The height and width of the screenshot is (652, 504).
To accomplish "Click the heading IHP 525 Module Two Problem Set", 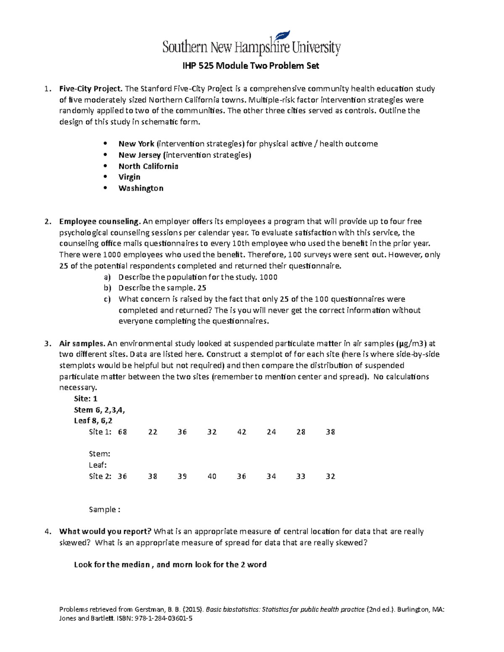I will click(x=250, y=66).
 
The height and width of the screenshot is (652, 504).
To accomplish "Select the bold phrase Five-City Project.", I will click(x=91, y=89).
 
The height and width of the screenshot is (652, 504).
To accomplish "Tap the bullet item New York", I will click(x=136, y=144).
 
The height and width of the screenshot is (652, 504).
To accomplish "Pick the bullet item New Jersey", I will click(x=139, y=155).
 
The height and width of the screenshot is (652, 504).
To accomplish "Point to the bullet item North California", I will click(x=148, y=166).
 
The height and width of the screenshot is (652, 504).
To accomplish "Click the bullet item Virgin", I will click(x=129, y=177).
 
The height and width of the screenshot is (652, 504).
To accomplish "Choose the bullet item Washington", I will click(x=141, y=188).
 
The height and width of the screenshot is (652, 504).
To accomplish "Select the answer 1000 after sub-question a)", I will click(x=269, y=277).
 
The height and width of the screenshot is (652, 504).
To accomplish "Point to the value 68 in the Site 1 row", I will click(x=123, y=432).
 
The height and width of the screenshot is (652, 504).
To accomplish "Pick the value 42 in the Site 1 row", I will click(x=241, y=432).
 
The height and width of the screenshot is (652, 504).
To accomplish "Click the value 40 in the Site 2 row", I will click(x=212, y=477).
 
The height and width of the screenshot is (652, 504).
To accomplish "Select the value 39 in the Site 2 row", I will click(x=182, y=477).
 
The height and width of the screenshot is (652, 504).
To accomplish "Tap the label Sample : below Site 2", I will click(x=105, y=510).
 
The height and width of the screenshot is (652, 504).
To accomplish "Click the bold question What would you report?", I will click(x=105, y=532).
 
